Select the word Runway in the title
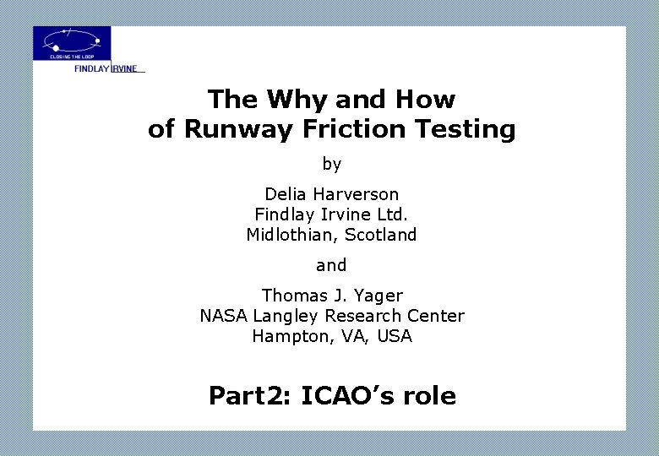pos(226,129)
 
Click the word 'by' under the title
pos(331,164)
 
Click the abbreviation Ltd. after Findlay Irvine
pos(392,214)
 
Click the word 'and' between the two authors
pos(331,265)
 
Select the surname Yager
pos(379,296)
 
